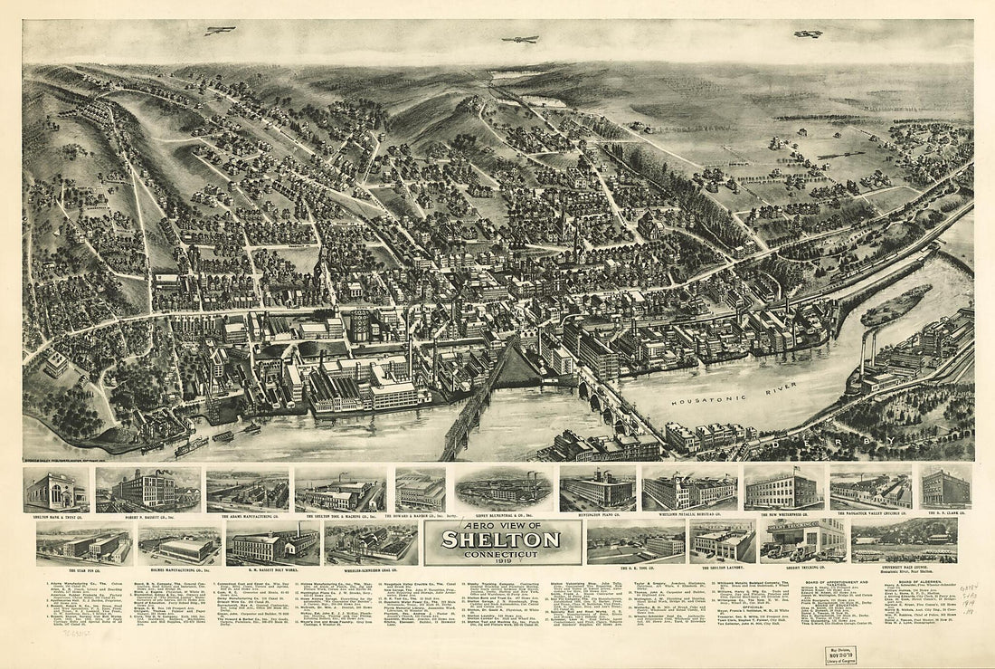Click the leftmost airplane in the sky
click(x=219, y=31)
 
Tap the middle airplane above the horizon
click(x=520, y=39)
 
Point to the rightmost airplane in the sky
click(x=808, y=34)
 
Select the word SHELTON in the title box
click(x=500, y=540)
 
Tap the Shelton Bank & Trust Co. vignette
click(x=55, y=490)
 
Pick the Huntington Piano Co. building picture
click(x=596, y=489)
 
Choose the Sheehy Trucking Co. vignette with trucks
click(x=803, y=540)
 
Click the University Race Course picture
click(x=905, y=540)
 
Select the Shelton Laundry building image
click(x=722, y=541)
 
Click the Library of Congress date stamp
click(x=840, y=655)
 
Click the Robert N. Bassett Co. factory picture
click(x=148, y=490)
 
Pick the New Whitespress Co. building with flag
click(x=783, y=489)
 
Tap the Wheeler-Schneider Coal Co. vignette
click(x=371, y=543)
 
